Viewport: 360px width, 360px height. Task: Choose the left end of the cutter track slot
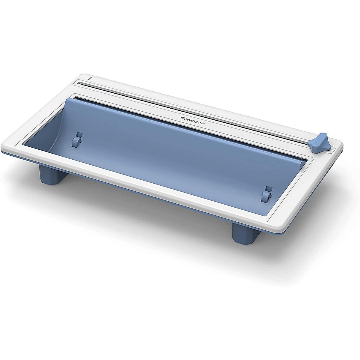tap(79, 83)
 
